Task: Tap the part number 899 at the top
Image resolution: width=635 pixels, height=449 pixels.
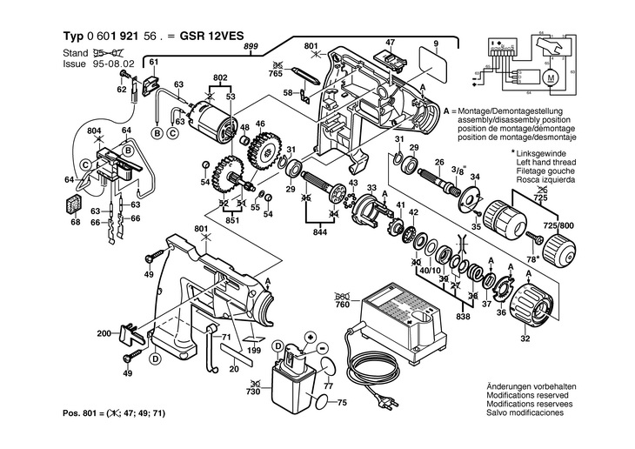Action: click(x=252, y=45)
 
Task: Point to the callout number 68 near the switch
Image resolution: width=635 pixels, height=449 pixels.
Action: click(x=75, y=220)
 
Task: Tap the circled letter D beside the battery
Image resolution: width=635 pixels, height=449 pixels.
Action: click(x=279, y=345)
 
